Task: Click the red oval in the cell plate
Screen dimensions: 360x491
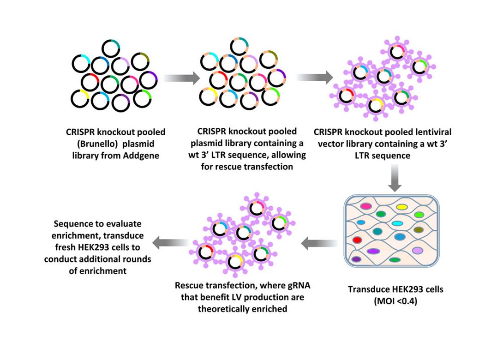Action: tap(357, 240)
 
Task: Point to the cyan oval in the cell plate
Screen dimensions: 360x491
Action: tap(397, 223)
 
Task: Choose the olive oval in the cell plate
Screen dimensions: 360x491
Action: tap(419, 229)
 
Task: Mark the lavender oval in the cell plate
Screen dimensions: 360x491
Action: tap(418, 250)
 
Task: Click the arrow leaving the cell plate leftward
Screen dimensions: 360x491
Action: tap(318, 240)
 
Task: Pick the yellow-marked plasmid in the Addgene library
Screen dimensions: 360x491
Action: tap(80, 99)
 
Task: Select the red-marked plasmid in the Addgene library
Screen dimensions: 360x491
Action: tap(90, 81)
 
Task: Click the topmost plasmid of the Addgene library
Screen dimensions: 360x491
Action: tap(111, 48)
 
